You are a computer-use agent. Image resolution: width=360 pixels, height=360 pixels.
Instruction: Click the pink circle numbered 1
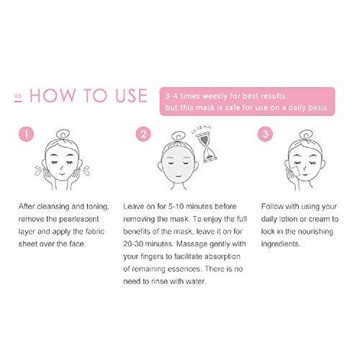click(26, 134)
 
